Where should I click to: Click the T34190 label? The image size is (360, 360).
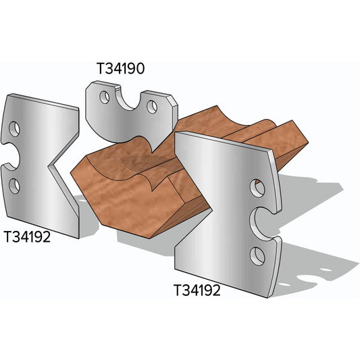click(122, 69)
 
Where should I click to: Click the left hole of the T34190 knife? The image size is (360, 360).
click(104, 97)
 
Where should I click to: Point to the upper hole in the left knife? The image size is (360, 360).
click(15, 128)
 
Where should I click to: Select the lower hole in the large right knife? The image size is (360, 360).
click(257, 255)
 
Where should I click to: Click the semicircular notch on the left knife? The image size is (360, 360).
click(9, 157)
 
